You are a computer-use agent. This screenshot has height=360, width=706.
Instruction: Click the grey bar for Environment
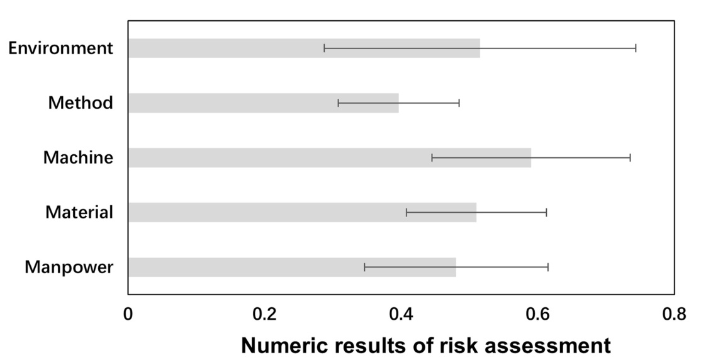[304, 48]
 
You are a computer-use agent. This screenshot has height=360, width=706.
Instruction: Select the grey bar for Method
[264, 103]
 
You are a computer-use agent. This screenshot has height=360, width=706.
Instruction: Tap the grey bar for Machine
[330, 158]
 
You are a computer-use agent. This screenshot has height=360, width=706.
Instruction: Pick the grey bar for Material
[302, 212]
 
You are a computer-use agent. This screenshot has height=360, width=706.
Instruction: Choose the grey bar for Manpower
[292, 267]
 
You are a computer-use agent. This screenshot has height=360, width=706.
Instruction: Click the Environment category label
[61, 48]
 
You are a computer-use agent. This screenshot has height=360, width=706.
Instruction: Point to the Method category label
[81, 103]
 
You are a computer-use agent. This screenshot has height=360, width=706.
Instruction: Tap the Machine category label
[79, 158]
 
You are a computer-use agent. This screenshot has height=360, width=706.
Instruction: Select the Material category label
[79, 212]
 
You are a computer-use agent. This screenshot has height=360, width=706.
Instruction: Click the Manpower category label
[69, 267]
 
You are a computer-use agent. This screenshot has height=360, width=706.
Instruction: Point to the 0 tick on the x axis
[128, 313]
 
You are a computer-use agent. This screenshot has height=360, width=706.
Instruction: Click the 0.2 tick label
[264, 313]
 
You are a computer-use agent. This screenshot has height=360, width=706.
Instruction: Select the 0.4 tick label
[401, 313]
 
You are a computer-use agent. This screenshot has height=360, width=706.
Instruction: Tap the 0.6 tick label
[537, 313]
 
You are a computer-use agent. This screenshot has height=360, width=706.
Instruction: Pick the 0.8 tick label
[675, 313]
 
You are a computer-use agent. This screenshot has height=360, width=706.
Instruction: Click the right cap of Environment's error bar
[636, 48]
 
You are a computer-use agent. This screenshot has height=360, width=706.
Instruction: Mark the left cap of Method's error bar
[338, 103]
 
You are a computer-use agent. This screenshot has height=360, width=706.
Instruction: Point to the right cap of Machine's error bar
[630, 158]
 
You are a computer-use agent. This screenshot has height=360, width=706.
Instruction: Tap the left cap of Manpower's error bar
[364, 267]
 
